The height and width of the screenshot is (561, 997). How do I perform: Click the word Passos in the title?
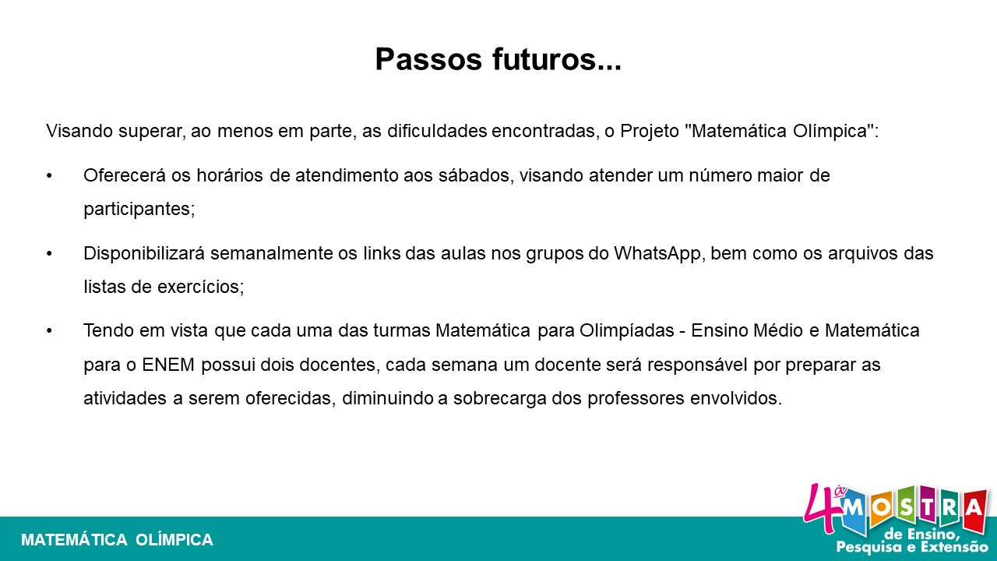(428, 59)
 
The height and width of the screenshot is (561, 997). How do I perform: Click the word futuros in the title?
(544, 59)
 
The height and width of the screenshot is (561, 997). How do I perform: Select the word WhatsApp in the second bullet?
(657, 254)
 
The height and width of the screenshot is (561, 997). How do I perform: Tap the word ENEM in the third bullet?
(168, 365)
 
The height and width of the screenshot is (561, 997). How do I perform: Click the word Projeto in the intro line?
(650, 132)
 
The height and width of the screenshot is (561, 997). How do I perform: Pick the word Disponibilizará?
(144, 254)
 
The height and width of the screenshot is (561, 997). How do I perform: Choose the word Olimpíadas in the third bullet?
(627, 331)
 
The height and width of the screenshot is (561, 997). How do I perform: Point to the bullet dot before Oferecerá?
(49, 176)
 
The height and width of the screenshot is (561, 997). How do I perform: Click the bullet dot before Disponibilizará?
(49, 254)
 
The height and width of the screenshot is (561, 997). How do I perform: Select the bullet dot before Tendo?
(49, 331)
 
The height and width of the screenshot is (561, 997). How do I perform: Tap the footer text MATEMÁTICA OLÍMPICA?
(117, 540)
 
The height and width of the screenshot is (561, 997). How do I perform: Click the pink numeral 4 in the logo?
(822, 510)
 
